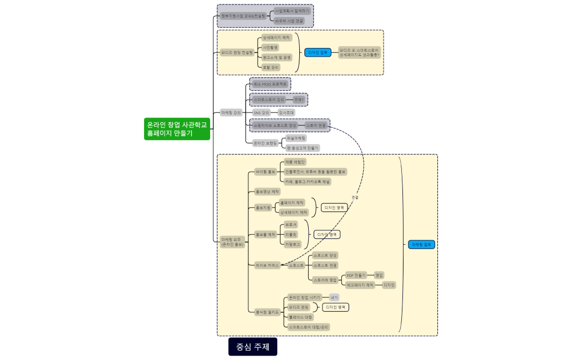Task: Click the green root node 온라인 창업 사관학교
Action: [x=177, y=128]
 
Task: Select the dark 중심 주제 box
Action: [x=253, y=347]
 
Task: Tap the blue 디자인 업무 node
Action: [x=318, y=53]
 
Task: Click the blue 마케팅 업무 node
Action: [x=422, y=244]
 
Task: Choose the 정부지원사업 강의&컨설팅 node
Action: [x=243, y=16]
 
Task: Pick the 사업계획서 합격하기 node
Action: [x=293, y=11]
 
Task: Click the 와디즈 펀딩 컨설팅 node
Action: [x=237, y=53]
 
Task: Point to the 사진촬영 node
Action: [x=270, y=48]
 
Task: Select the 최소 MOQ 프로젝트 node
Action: [x=270, y=84]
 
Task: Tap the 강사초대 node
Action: [x=287, y=112]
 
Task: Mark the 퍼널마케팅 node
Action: [x=296, y=138]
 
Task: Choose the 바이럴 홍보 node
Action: [x=265, y=172]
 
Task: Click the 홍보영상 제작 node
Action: [x=267, y=192]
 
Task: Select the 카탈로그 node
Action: [x=292, y=244]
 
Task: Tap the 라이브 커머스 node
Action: [x=267, y=265]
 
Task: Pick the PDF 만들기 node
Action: [x=356, y=275]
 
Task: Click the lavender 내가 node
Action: [x=334, y=297]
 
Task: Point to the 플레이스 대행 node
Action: [x=300, y=317]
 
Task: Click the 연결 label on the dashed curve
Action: [x=355, y=197]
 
